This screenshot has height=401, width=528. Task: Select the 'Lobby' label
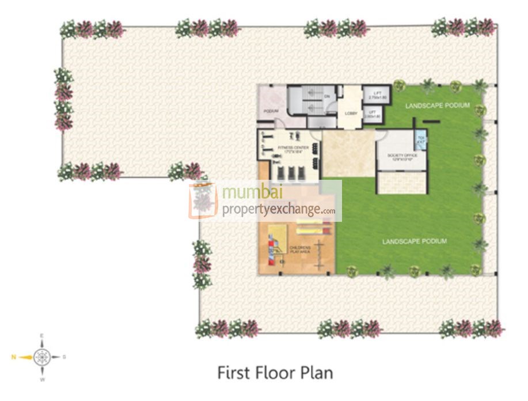click(x=351, y=114)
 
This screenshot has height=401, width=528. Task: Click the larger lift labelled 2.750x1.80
click(x=375, y=95)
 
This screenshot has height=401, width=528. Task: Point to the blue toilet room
click(x=420, y=140)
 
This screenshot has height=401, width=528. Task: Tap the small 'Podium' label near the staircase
click(x=271, y=111)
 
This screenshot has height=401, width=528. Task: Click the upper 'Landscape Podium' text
click(x=437, y=105)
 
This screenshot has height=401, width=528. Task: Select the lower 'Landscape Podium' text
click(x=414, y=241)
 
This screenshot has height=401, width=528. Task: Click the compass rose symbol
click(x=42, y=357)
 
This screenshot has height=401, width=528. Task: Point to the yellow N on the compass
click(x=13, y=357)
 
